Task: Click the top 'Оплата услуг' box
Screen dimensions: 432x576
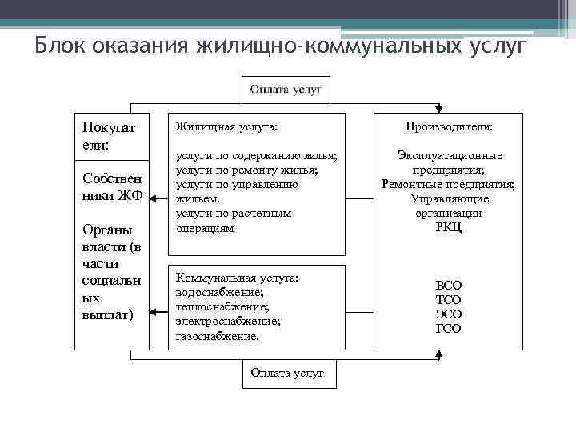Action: [286, 90]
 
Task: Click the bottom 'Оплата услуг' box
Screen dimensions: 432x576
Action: [288, 374]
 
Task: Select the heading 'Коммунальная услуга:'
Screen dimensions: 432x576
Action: [237, 278]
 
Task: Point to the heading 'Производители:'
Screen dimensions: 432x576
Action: [448, 126]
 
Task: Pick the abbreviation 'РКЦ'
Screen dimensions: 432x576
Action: [448, 227]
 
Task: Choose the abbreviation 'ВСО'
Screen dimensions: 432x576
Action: [448, 285]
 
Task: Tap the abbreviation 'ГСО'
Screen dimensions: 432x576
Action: [448, 329]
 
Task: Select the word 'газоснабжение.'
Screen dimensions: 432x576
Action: [217, 336]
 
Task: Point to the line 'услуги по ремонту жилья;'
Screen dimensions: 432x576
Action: [246, 170]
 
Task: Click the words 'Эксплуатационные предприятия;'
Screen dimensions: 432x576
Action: [448, 162]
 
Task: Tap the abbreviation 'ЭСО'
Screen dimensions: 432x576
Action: [448, 314]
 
